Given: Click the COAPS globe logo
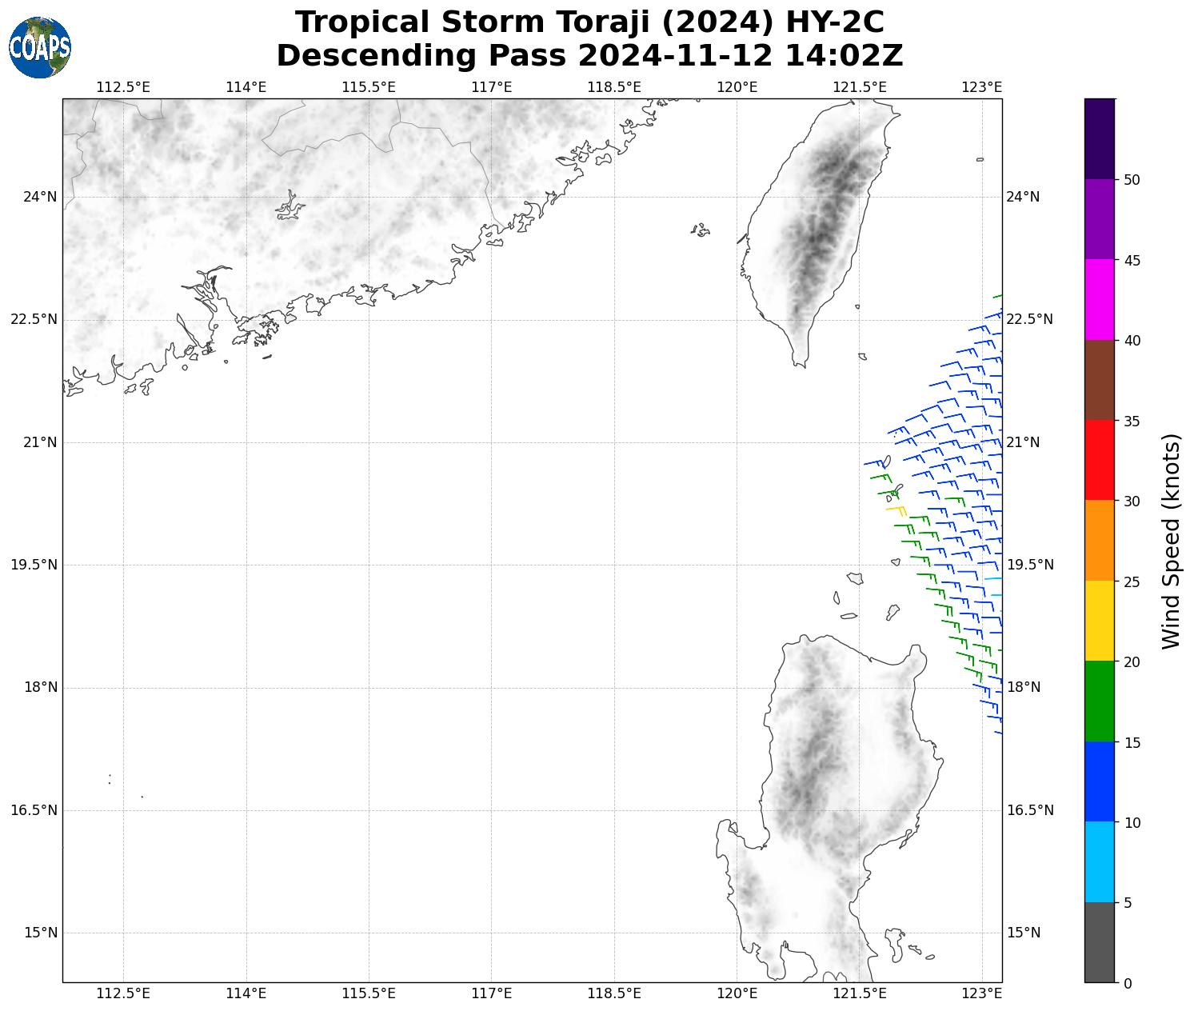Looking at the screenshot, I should click(x=40, y=47).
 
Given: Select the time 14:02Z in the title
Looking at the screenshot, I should click(x=844, y=56).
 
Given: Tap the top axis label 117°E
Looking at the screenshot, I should click(x=491, y=86).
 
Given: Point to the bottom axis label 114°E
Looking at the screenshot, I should click(x=246, y=993).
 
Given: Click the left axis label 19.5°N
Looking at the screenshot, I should click(x=33, y=565).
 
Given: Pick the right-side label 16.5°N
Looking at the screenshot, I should click(x=1029, y=810).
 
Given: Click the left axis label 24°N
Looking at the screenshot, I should click(x=39, y=197).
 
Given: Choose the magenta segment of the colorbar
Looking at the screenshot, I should click(x=1099, y=300).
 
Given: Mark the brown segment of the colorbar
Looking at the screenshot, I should click(x=1099, y=380).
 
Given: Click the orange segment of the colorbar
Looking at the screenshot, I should click(x=1099, y=541).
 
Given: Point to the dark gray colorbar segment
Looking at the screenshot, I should click(x=1099, y=942).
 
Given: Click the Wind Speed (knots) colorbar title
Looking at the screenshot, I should click(x=1171, y=541).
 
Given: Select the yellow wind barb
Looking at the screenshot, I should click(x=896, y=509).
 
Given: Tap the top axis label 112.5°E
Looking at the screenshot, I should click(x=122, y=86).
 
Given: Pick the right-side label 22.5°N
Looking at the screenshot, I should click(x=1029, y=319).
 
